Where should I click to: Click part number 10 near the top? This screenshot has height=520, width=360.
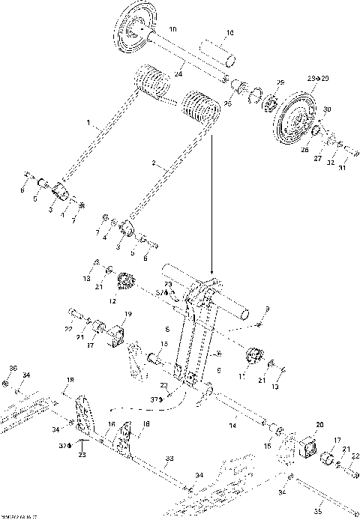click(229, 34)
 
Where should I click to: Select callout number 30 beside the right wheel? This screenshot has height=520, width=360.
click(325, 110)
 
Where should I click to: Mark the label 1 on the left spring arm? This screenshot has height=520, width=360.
click(88, 121)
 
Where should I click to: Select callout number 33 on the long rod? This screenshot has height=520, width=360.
click(169, 458)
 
